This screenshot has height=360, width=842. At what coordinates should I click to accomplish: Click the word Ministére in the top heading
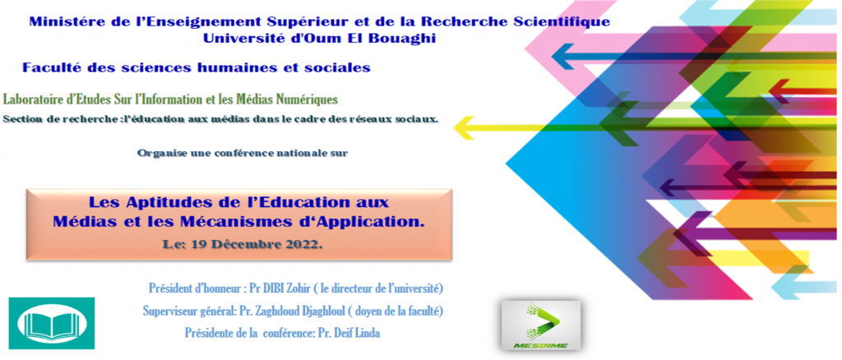60,22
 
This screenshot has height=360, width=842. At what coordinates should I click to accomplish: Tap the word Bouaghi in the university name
406,39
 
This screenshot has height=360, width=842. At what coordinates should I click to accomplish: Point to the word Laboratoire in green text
28,99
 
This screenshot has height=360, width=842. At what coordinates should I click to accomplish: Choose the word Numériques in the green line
313,99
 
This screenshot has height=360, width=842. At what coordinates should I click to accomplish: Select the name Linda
368,334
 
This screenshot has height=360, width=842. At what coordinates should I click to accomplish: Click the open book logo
52,323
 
